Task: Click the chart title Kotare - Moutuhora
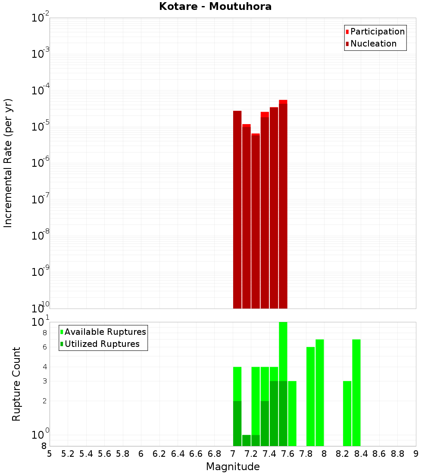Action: (x=215, y=6)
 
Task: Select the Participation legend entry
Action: (x=377, y=31)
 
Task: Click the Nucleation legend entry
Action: (x=373, y=44)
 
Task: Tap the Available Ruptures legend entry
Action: (x=105, y=332)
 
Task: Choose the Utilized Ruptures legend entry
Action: (x=102, y=344)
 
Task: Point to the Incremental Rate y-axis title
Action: (x=8, y=163)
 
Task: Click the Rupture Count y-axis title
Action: (x=16, y=384)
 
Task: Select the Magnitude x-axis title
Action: (x=233, y=467)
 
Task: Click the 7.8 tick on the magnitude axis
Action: (x=306, y=454)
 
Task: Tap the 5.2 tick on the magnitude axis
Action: (x=68, y=454)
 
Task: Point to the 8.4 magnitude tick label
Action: (x=361, y=454)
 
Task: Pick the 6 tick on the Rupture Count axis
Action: (x=45, y=347)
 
